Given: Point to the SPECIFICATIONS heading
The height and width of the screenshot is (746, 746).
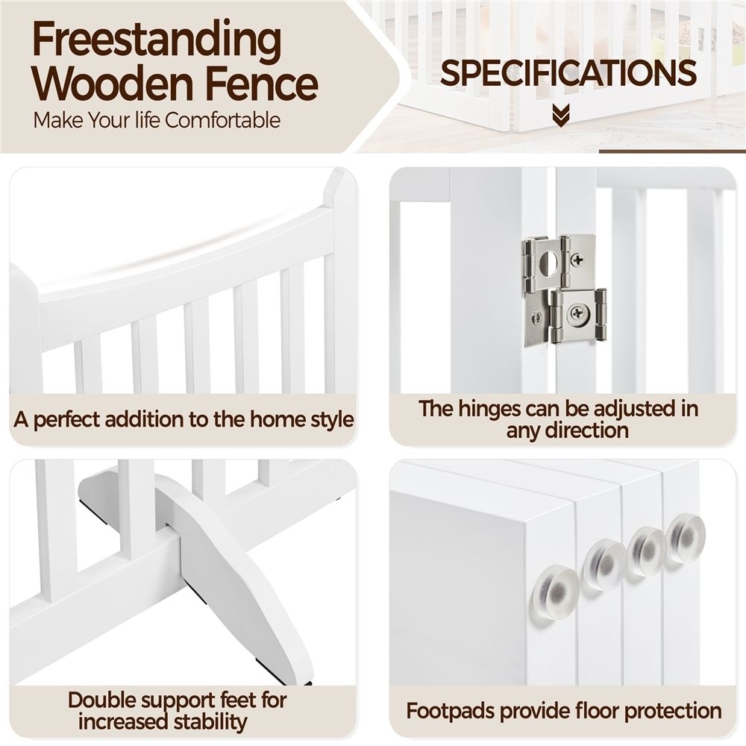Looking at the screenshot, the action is [568, 73].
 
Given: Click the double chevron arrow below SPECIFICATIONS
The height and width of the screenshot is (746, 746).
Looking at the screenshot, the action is [562, 116].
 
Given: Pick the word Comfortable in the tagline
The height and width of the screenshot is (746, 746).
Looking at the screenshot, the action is [222, 120].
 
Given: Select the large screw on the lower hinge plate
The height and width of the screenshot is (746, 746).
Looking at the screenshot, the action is [578, 313].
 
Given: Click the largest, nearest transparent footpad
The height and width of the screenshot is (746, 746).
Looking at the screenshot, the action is [556, 590].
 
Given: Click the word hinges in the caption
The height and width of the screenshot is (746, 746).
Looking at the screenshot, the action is [492, 410].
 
